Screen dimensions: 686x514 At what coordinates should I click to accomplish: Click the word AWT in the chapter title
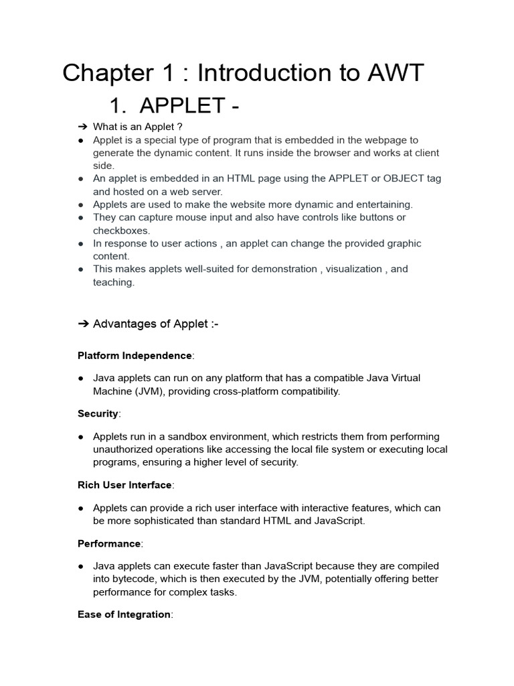tap(394, 73)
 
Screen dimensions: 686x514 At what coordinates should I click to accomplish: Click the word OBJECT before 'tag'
tap(394, 179)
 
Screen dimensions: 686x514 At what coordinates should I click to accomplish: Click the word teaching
tap(113, 282)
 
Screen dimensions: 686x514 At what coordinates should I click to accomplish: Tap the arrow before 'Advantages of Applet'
tap(84, 324)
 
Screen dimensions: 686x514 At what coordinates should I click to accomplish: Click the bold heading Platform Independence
tap(135, 356)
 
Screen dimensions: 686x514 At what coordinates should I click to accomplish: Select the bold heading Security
tap(98, 414)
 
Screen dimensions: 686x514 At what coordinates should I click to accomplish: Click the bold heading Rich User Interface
tap(124, 485)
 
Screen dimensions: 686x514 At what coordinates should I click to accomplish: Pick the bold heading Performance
tap(109, 543)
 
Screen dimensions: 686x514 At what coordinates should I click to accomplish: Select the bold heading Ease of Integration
tap(124, 614)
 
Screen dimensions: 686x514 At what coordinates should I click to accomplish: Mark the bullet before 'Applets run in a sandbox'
tap(80, 437)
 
